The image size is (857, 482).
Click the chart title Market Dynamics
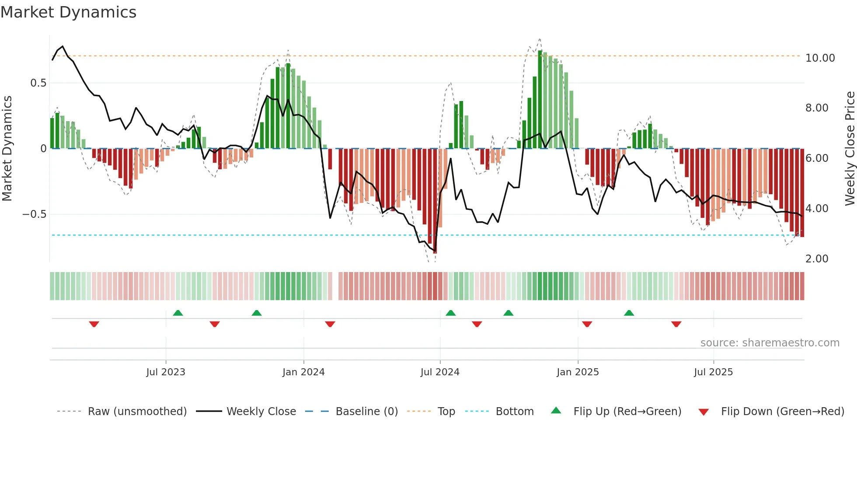coord(68,12)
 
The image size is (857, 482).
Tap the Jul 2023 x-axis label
coord(166,372)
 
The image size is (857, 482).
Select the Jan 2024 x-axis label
coord(303,372)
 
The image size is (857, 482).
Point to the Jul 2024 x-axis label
coord(440,372)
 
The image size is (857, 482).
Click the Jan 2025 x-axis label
coord(578,372)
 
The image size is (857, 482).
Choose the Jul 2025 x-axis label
coord(713,372)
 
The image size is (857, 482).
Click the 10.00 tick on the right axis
coord(820,58)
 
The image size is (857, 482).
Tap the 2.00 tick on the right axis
coord(817,259)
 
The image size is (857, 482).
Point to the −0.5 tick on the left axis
coord(35,214)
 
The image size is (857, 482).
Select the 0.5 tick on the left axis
coord(38,83)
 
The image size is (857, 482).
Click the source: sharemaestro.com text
coord(770,343)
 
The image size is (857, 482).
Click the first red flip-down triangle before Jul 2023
coord(94,324)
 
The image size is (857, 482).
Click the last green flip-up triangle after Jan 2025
coord(629,313)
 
